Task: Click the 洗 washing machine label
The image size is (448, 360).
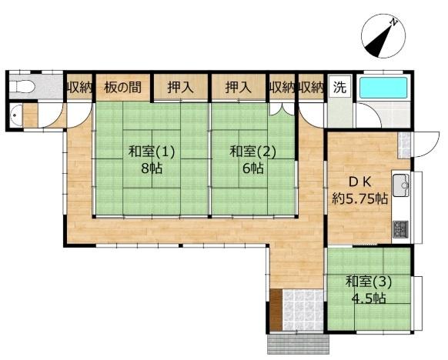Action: pos(339,87)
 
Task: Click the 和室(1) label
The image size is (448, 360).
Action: pos(152,152)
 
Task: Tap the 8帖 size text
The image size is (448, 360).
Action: pos(152,168)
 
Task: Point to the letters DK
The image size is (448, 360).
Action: pos(362,182)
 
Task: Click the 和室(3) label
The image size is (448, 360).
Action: pos(368,282)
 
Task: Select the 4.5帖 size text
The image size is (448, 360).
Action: pos(368,298)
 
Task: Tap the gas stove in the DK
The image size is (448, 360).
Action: pos(402,228)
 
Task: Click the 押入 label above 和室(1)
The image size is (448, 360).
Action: pos(180,87)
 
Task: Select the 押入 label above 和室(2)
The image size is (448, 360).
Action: pos(239,87)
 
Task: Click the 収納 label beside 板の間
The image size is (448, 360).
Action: pos(79,87)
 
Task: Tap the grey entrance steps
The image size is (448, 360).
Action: pos(295,342)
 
